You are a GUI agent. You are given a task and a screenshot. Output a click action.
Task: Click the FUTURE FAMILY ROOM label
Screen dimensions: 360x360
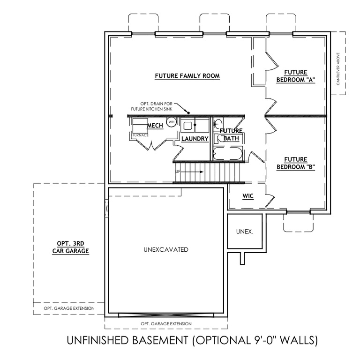tap(187, 75)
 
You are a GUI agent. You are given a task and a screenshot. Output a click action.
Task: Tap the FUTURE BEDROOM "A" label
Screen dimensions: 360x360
tap(295, 76)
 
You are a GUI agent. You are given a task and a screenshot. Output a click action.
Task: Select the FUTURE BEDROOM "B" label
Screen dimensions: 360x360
tap(295, 163)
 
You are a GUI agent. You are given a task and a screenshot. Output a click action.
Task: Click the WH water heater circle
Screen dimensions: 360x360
tap(171, 121)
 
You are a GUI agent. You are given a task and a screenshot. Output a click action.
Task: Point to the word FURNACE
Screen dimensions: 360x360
tap(140, 135)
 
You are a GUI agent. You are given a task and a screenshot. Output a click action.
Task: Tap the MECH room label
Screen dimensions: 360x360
tap(154, 126)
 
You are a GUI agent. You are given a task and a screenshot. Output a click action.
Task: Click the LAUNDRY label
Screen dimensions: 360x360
tap(195, 139)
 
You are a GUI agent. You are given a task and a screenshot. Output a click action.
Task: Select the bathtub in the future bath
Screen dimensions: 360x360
tap(227, 154)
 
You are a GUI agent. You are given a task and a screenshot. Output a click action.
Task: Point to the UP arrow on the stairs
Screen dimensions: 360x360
tap(190, 172)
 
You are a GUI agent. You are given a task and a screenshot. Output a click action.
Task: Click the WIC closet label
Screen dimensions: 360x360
tap(248, 196)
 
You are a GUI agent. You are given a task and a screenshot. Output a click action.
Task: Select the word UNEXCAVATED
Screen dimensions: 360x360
tap(166, 249)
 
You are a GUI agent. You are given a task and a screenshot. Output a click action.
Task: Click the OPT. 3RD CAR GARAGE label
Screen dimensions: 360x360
tap(70, 247)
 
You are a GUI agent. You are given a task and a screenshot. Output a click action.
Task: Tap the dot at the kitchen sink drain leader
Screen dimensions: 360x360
tap(188, 112)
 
